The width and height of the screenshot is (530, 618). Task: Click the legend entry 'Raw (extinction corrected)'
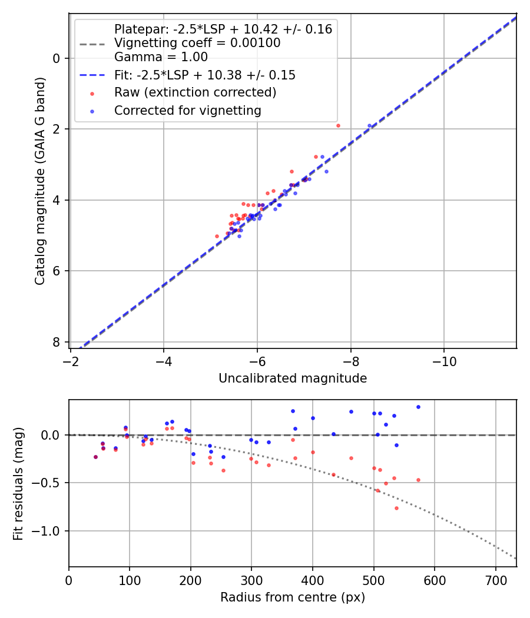click(x=195, y=92)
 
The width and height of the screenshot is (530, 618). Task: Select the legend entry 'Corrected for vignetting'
click(x=187, y=110)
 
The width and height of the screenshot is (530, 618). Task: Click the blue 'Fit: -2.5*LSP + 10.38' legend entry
click(x=204, y=75)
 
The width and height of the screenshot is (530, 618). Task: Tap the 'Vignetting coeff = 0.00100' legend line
click(x=197, y=43)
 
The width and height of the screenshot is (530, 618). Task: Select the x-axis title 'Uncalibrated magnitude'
click(x=293, y=378)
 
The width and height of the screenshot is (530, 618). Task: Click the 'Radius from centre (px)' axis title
click(x=293, y=597)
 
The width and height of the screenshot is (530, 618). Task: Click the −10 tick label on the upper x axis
click(x=444, y=361)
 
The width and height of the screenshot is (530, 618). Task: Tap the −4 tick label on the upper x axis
click(x=164, y=361)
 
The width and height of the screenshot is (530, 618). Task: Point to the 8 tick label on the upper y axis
click(x=57, y=342)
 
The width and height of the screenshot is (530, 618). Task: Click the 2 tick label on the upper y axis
click(x=57, y=129)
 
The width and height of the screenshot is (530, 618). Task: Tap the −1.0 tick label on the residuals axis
click(x=48, y=531)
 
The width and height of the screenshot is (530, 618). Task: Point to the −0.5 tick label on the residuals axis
click(x=48, y=483)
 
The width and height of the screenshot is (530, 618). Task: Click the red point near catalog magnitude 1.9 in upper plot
click(x=338, y=125)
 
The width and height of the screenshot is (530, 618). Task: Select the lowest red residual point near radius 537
click(x=396, y=508)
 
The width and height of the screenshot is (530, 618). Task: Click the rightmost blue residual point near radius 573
click(x=418, y=407)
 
